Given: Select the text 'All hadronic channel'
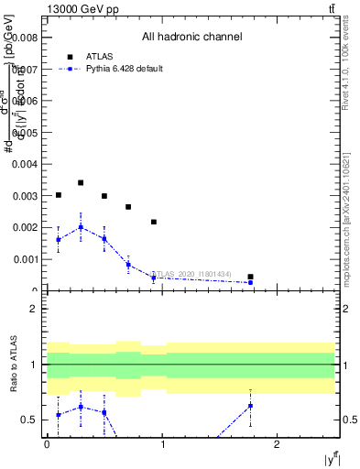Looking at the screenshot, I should [191, 38].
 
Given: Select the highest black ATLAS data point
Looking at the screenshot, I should [81, 183].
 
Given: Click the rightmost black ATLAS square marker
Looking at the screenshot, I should [250, 277].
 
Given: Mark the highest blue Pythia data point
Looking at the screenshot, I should [81, 227].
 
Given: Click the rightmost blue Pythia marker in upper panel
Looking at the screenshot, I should [250, 282].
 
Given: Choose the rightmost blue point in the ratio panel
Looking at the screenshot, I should [250, 405].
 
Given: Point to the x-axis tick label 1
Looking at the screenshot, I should [162, 445].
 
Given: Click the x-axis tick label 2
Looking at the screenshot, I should [278, 445].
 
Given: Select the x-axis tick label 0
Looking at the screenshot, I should [47, 445].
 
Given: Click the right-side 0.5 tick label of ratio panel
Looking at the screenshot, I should [350, 420].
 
